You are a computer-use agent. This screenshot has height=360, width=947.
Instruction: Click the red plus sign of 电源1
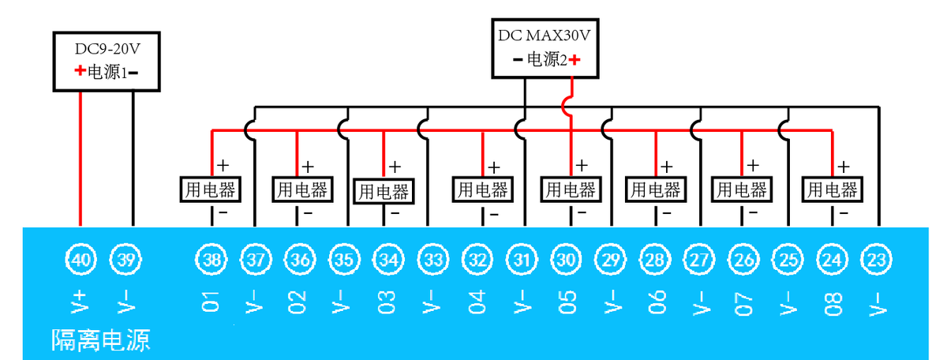[x=80, y=71]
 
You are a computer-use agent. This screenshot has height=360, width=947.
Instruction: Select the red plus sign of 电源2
[x=575, y=59]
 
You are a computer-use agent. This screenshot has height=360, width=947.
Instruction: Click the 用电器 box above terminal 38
[x=211, y=189]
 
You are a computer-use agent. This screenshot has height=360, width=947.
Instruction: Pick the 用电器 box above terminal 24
[x=831, y=189]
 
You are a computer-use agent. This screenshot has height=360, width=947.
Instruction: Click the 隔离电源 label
[x=100, y=340]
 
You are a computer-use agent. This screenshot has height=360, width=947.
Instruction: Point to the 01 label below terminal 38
[x=210, y=302]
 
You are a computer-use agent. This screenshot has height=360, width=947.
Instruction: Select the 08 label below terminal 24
[x=833, y=302]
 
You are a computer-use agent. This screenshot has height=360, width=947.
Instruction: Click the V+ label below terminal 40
[x=80, y=302]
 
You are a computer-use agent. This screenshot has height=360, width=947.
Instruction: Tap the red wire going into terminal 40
[x=80, y=158]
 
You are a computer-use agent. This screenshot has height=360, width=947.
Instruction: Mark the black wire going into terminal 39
[x=133, y=158]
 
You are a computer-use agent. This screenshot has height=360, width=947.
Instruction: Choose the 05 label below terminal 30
[x=567, y=302]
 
